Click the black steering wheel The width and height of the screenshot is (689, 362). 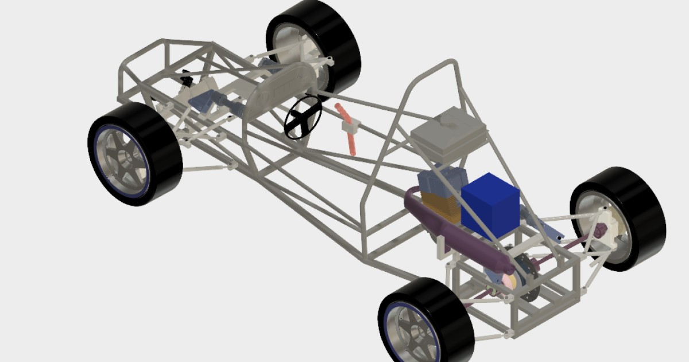[x=303, y=117]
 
